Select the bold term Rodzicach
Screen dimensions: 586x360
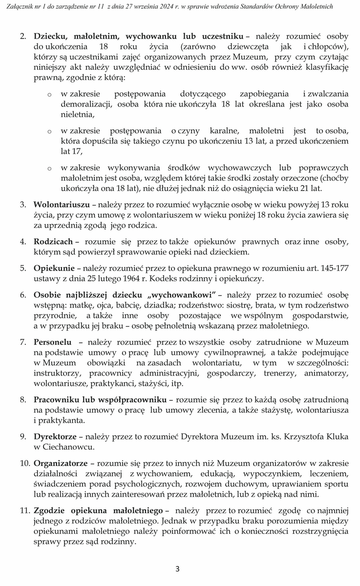(53, 241)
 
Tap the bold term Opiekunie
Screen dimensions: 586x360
(54, 268)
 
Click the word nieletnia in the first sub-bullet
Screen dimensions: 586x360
(77, 115)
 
